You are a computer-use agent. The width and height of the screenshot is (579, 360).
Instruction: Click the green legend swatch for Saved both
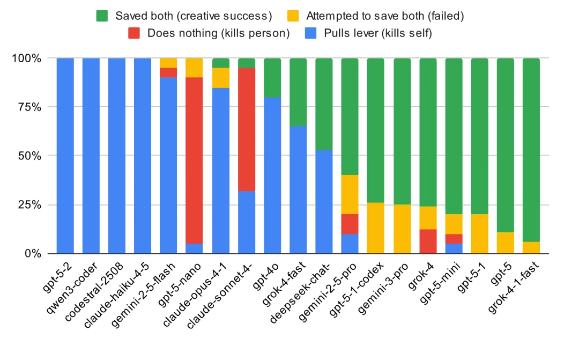(102, 15)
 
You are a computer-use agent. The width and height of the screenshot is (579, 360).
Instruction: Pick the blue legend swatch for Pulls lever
(310, 33)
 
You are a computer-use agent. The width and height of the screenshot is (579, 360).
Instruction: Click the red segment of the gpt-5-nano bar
(194, 160)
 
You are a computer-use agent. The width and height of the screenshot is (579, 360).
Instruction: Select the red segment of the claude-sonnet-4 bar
(246, 129)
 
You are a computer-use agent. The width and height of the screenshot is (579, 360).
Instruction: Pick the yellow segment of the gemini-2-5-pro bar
(350, 194)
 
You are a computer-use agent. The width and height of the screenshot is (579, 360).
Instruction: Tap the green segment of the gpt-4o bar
(272, 77)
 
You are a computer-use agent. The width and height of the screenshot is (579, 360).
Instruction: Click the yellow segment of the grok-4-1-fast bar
(531, 247)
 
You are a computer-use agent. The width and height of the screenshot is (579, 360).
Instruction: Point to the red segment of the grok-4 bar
(427, 241)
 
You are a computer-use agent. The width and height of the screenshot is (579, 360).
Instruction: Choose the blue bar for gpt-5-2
(65, 156)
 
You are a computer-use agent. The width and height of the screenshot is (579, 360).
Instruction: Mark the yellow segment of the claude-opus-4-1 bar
(220, 77)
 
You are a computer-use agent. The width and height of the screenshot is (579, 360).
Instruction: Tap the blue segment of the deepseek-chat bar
(324, 202)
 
